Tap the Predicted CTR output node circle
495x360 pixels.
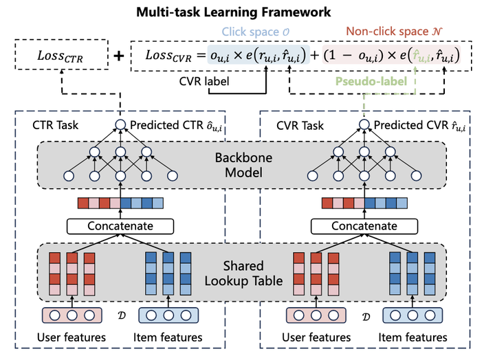pyautogui.click(x=120, y=125)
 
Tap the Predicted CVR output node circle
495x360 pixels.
pyautogui.click(x=364, y=125)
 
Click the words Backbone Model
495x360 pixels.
pyautogui.click(x=242, y=164)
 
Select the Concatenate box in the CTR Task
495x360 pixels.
pyautogui.click(x=120, y=226)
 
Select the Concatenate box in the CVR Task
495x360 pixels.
pyautogui.click(x=364, y=226)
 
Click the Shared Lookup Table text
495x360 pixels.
pyautogui.click(x=242, y=273)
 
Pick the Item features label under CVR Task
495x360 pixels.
pyautogui.click(x=412, y=337)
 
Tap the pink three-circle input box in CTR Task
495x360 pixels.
pyautogui.click(x=72, y=315)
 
